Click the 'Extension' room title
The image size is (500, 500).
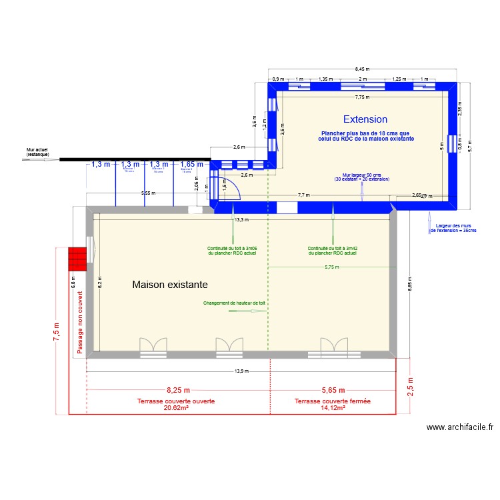coord(365,119)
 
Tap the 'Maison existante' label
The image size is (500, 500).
coord(170,285)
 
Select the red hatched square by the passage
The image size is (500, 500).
coord(77,259)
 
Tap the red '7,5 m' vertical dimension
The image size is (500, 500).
coord(57,331)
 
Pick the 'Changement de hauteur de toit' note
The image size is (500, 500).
coord(234,303)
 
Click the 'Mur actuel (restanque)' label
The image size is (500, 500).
coord(37,153)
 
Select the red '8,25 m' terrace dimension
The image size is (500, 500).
coord(178,390)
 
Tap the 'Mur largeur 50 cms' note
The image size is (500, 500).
coord(361,177)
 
